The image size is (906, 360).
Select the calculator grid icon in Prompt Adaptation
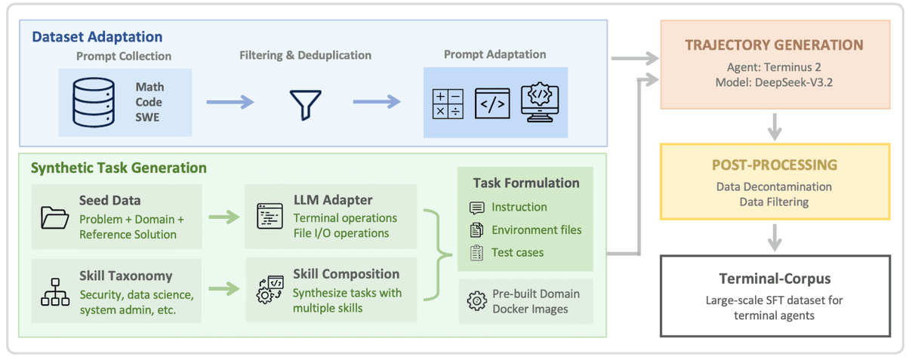click(448, 103)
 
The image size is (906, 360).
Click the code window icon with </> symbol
click(492, 103)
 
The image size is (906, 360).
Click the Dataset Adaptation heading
click(97, 36)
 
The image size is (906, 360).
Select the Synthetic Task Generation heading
click(119, 168)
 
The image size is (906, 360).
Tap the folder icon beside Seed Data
click(55, 217)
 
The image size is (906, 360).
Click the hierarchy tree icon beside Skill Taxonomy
click(55, 291)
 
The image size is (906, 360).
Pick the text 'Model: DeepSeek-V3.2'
click(773, 82)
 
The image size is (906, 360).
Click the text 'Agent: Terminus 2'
click(773, 66)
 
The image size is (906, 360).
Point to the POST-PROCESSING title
click(773, 165)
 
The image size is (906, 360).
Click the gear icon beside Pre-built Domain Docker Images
click(476, 300)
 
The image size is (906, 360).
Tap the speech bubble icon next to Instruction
click(476, 208)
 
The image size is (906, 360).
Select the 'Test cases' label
click(517, 252)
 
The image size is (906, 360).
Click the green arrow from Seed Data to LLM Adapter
click(223, 217)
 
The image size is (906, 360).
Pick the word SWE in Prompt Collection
click(147, 117)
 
